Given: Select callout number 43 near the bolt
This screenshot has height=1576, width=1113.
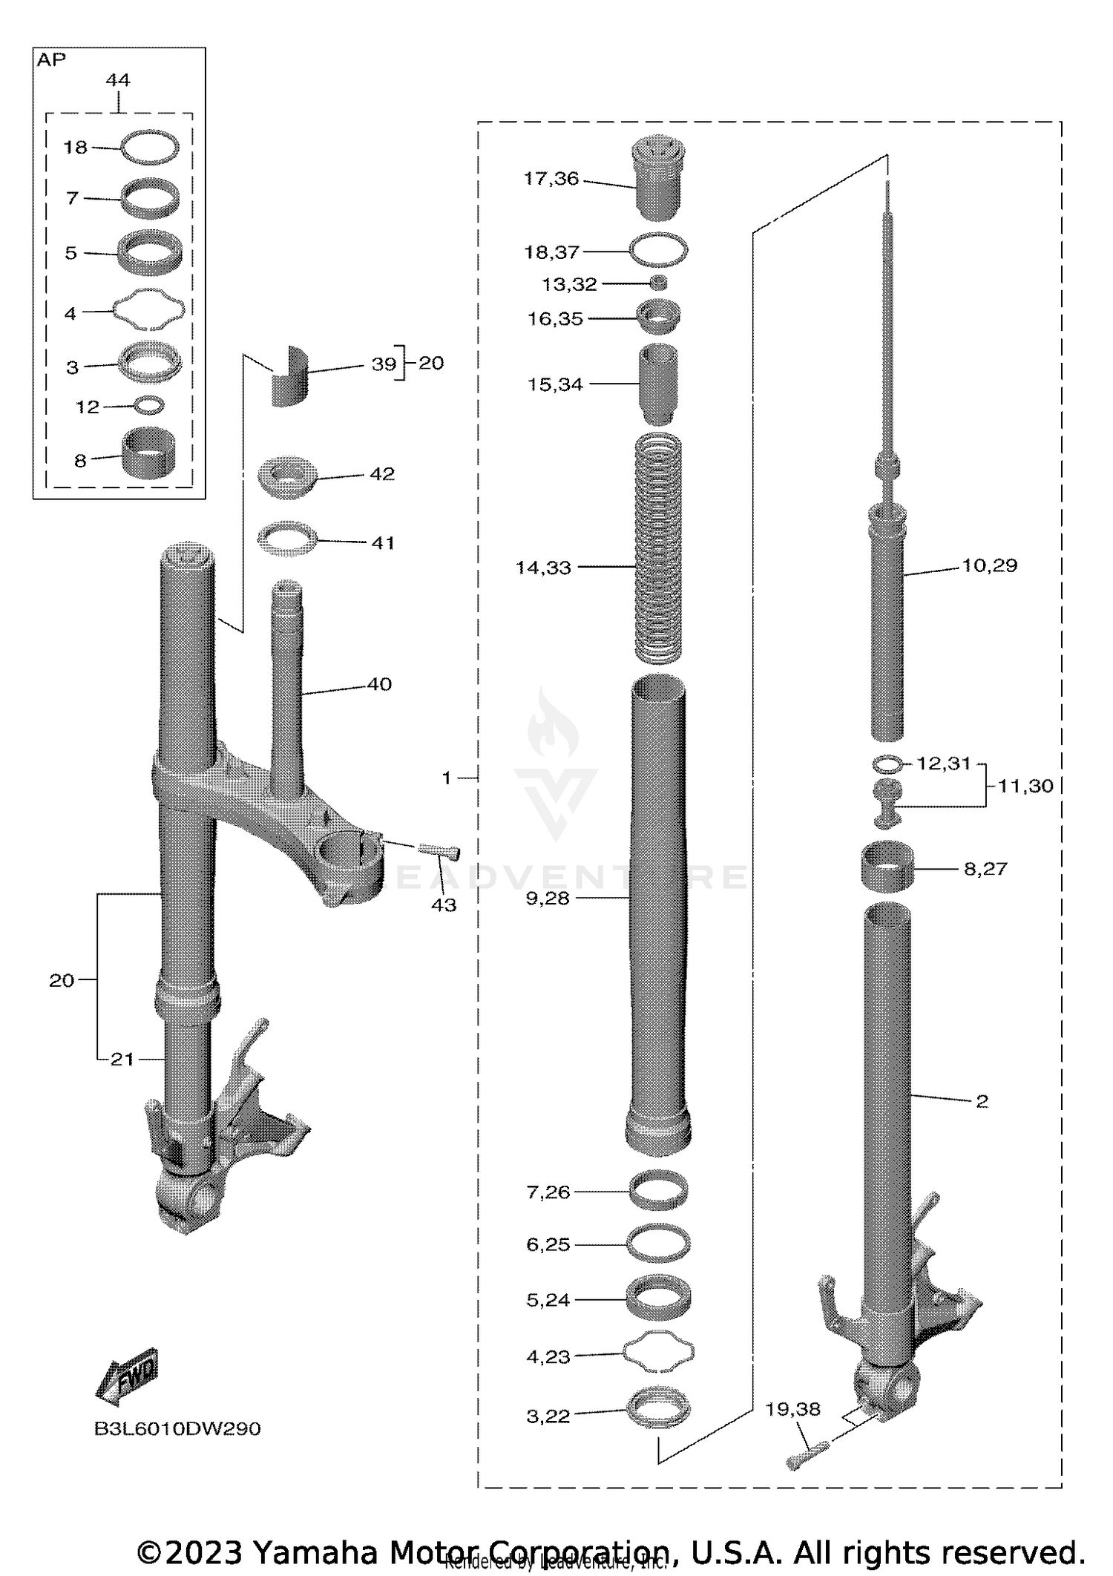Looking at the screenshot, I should (444, 904).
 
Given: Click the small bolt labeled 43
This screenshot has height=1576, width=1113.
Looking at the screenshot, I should (441, 852).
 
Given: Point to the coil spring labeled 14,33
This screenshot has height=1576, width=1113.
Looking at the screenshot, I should (658, 549).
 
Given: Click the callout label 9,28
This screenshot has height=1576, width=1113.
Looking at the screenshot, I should (547, 898).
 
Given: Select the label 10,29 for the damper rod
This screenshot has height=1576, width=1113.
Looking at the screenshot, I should (989, 565).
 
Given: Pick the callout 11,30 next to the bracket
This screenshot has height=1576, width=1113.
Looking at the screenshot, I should (1025, 786).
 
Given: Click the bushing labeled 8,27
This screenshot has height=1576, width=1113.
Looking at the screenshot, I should (887, 865).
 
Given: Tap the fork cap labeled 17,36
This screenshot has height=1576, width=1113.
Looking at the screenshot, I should (657, 178).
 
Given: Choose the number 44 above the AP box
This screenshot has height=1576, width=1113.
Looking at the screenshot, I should (118, 80).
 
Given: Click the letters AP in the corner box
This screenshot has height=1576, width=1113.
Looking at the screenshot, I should (51, 61).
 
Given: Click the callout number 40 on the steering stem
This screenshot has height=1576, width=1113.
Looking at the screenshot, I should (379, 684).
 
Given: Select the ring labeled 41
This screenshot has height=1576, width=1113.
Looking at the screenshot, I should (287, 537).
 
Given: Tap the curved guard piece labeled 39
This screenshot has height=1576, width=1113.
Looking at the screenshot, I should (289, 376).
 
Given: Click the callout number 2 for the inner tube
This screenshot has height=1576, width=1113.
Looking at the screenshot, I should (982, 1102).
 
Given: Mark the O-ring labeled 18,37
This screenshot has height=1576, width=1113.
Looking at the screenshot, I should (658, 249).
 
